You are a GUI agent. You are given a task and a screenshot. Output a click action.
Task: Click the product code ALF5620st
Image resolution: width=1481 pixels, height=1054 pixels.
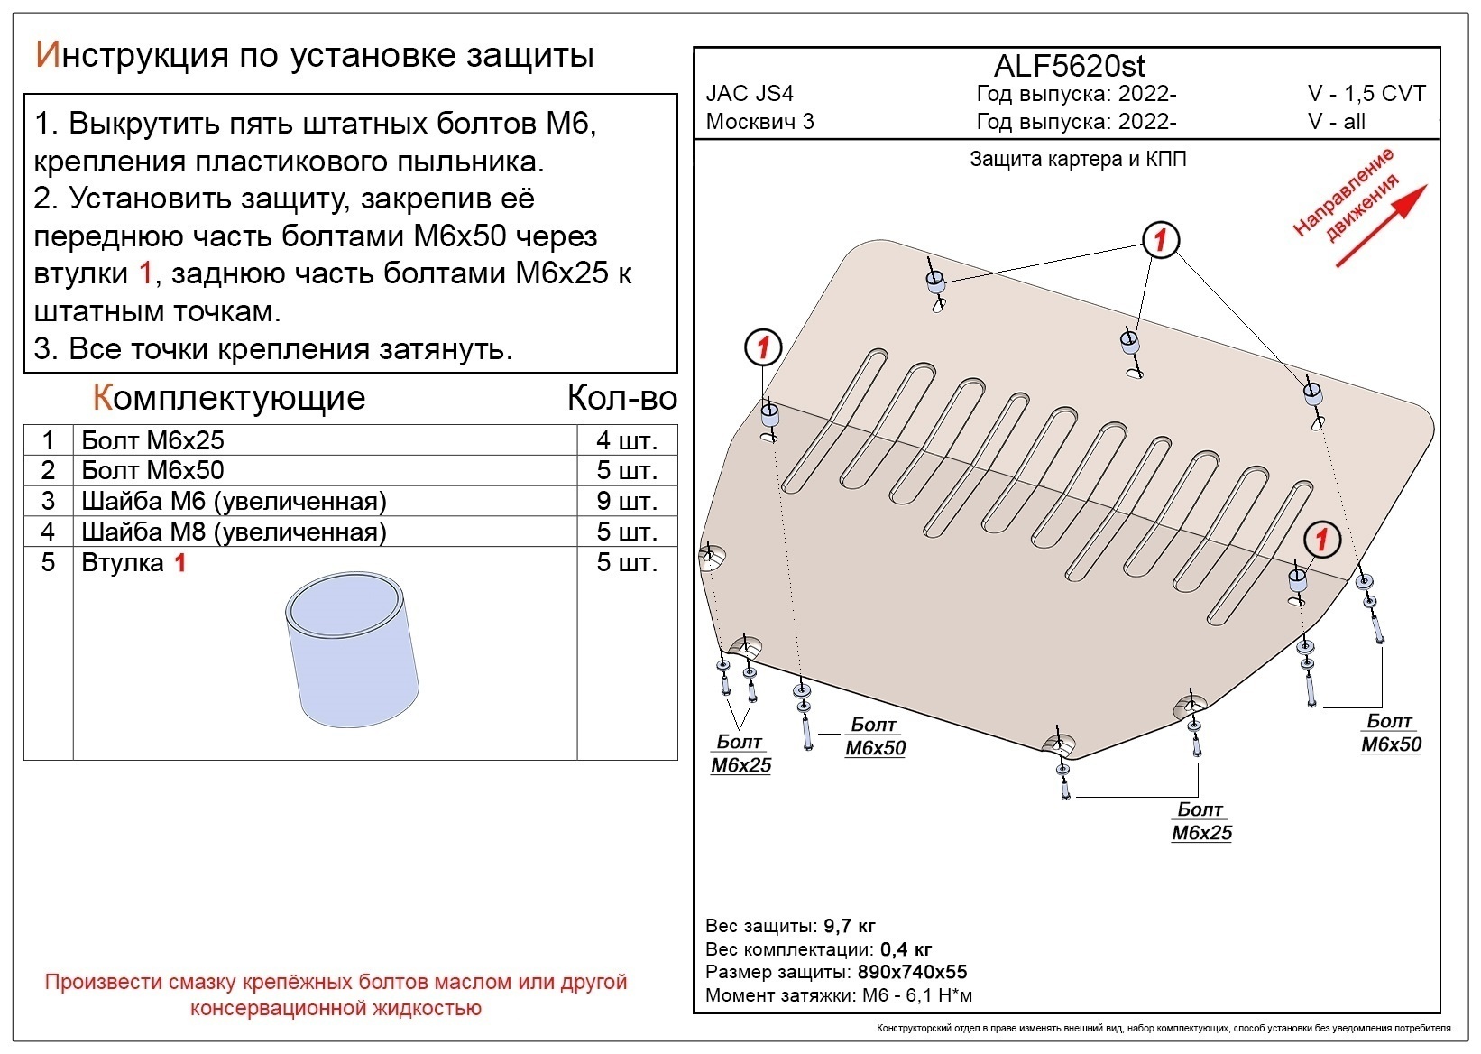[x=1069, y=66]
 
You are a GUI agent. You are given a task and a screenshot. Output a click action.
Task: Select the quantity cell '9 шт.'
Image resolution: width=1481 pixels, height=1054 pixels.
[x=626, y=501]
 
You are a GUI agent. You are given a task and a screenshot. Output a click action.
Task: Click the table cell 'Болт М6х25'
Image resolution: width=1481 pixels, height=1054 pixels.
[x=152, y=440]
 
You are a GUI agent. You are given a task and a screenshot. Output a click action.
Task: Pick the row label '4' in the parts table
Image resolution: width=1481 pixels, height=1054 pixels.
[x=48, y=532]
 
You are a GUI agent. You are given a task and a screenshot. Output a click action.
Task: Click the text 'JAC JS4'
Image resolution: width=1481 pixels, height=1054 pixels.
[x=750, y=94]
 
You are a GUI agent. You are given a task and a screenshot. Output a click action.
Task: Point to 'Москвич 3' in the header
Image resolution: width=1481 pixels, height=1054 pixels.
[x=759, y=122]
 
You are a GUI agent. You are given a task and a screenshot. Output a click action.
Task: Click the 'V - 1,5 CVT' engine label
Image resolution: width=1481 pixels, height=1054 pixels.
[x=1366, y=94]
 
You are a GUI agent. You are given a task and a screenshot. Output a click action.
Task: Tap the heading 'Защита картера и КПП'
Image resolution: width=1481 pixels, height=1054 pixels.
[x=1078, y=160]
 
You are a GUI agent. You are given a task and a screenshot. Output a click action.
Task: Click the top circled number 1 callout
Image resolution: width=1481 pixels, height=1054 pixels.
[x=1161, y=240]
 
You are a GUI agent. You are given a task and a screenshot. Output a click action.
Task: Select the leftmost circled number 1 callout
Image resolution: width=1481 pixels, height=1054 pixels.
[x=763, y=347]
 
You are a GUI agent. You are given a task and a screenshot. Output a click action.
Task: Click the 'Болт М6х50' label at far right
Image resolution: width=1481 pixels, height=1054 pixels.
[x=1390, y=733]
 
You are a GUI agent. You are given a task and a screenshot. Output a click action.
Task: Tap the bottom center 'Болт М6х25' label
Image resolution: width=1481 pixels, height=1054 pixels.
[x=1200, y=821]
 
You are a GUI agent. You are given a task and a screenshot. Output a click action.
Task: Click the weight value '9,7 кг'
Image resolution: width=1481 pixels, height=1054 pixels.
[x=849, y=926]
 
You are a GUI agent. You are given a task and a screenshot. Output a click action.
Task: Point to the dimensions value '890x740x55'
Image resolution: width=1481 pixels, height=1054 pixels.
[x=911, y=972]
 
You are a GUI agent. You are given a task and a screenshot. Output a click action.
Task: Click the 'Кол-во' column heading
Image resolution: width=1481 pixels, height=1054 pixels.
[x=621, y=398]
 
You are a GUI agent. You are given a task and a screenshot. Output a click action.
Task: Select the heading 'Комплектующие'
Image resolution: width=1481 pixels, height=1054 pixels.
[x=229, y=398]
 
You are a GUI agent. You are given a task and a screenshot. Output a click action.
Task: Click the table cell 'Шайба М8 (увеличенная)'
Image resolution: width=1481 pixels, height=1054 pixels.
[x=234, y=532]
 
